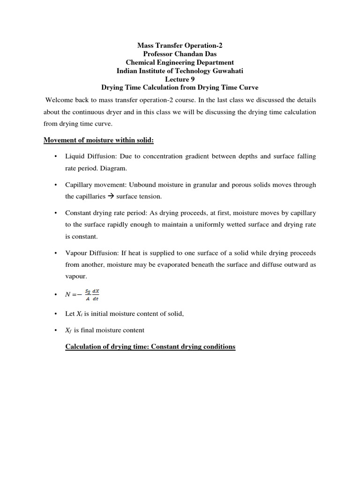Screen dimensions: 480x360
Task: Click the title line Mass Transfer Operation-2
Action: pyautogui.click(x=180, y=45)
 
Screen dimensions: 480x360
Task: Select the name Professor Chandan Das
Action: pyautogui.click(x=180, y=54)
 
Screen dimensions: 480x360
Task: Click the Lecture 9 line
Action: pyautogui.click(x=180, y=79)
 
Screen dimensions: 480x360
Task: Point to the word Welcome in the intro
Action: pyautogui.click(x=59, y=100)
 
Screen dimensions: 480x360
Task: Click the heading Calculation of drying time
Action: pyautogui.click(x=150, y=347)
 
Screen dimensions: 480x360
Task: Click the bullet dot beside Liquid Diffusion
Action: pyautogui.click(x=55, y=157)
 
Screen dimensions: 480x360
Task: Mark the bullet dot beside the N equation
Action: pyautogui.click(x=55, y=294)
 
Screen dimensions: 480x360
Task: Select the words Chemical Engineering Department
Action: pyautogui.click(x=180, y=62)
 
